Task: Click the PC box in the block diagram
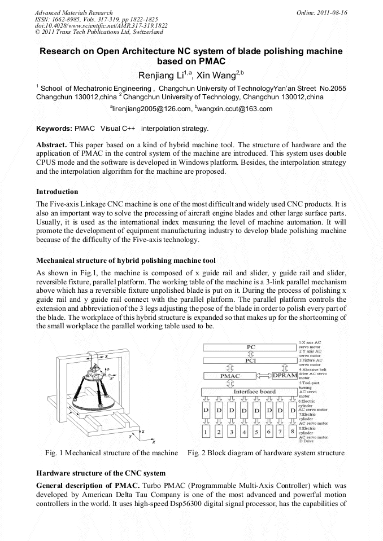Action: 250,346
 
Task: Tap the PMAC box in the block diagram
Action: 229,376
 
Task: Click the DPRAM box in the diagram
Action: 284,375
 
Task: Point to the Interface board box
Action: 250,392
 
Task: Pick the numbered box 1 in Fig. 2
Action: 206,432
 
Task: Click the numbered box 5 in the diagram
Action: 256,432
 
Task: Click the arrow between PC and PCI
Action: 250,354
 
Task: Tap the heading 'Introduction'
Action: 57,192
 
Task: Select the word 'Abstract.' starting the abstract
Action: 51,145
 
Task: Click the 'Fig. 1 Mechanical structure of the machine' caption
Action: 111,453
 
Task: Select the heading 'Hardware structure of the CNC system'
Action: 101,473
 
